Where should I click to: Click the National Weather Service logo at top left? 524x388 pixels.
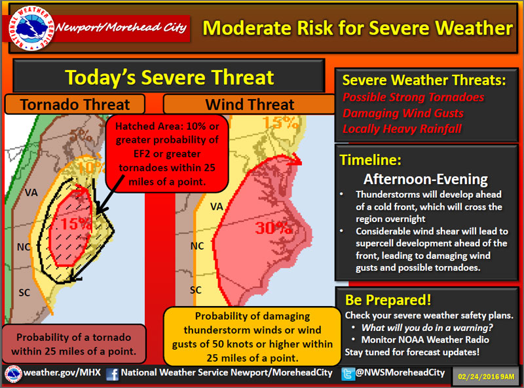(x=31, y=28)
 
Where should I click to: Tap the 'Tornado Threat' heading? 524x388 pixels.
(x=75, y=104)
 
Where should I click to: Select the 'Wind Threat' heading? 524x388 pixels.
(x=250, y=104)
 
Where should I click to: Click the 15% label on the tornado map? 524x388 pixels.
(x=76, y=223)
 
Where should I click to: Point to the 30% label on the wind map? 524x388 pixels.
(x=274, y=228)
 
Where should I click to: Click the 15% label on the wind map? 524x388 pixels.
(x=280, y=123)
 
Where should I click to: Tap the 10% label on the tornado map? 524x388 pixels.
(x=92, y=167)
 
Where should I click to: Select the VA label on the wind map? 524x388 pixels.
(x=217, y=206)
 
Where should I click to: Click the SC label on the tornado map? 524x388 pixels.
(x=24, y=293)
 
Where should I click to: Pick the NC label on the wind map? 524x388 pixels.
(x=197, y=246)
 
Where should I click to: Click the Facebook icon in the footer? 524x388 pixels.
(x=113, y=374)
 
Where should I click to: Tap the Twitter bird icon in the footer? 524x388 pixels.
(x=348, y=374)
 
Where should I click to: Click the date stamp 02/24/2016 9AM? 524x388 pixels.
(x=486, y=377)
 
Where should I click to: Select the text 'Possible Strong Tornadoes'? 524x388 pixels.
(x=413, y=98)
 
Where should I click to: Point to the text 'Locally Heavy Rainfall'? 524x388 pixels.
(x=402, y=128)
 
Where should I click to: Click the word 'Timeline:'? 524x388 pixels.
(x=370, y=160)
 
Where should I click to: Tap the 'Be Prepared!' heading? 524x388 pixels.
(x=388, y=300)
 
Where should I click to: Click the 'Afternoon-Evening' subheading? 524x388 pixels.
(x=425, y=180)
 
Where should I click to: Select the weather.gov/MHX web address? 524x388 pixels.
(x=62, y=373)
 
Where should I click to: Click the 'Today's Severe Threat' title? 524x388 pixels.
(x=170, y=77)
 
